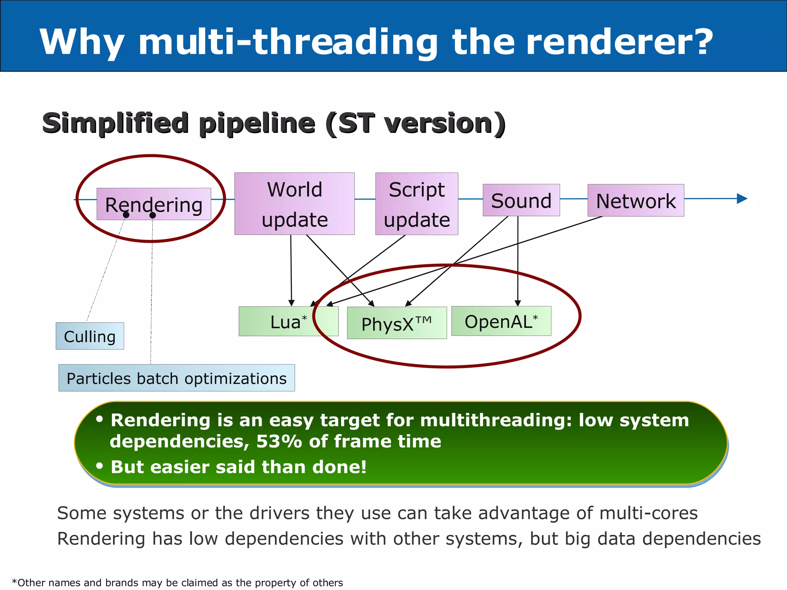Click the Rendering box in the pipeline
pyautogui.click(x=154, y=204)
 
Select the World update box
pyautogui.click(x=294, y=204)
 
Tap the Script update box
pyautogui.click(x=417, y=204)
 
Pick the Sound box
pyautogui.click(x=521, y=201)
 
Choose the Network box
pyautogui.click(x=636, y=201)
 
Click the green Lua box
pyautogui.click(x=288, y=322)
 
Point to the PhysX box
pyautogui.click(x=397, y=323)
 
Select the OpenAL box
pyautogui.click(x=501, y=321)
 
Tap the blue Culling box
pyautogui.click(x=90, y=336)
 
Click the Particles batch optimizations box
pyautogui.click(x=176, y=378)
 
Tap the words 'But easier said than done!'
pyautogui.click(x=238, y=467)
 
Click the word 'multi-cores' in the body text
pyautogui.click(x=648, y=513)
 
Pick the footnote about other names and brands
pyautogui.click(x=178, y=583)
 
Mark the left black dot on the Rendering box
pyautogui.click(x=126, y=215)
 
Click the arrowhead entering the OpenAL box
pyautogui.click(x=518, y=303)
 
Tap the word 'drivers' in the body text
pyautogui.click(x=279, y=513)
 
